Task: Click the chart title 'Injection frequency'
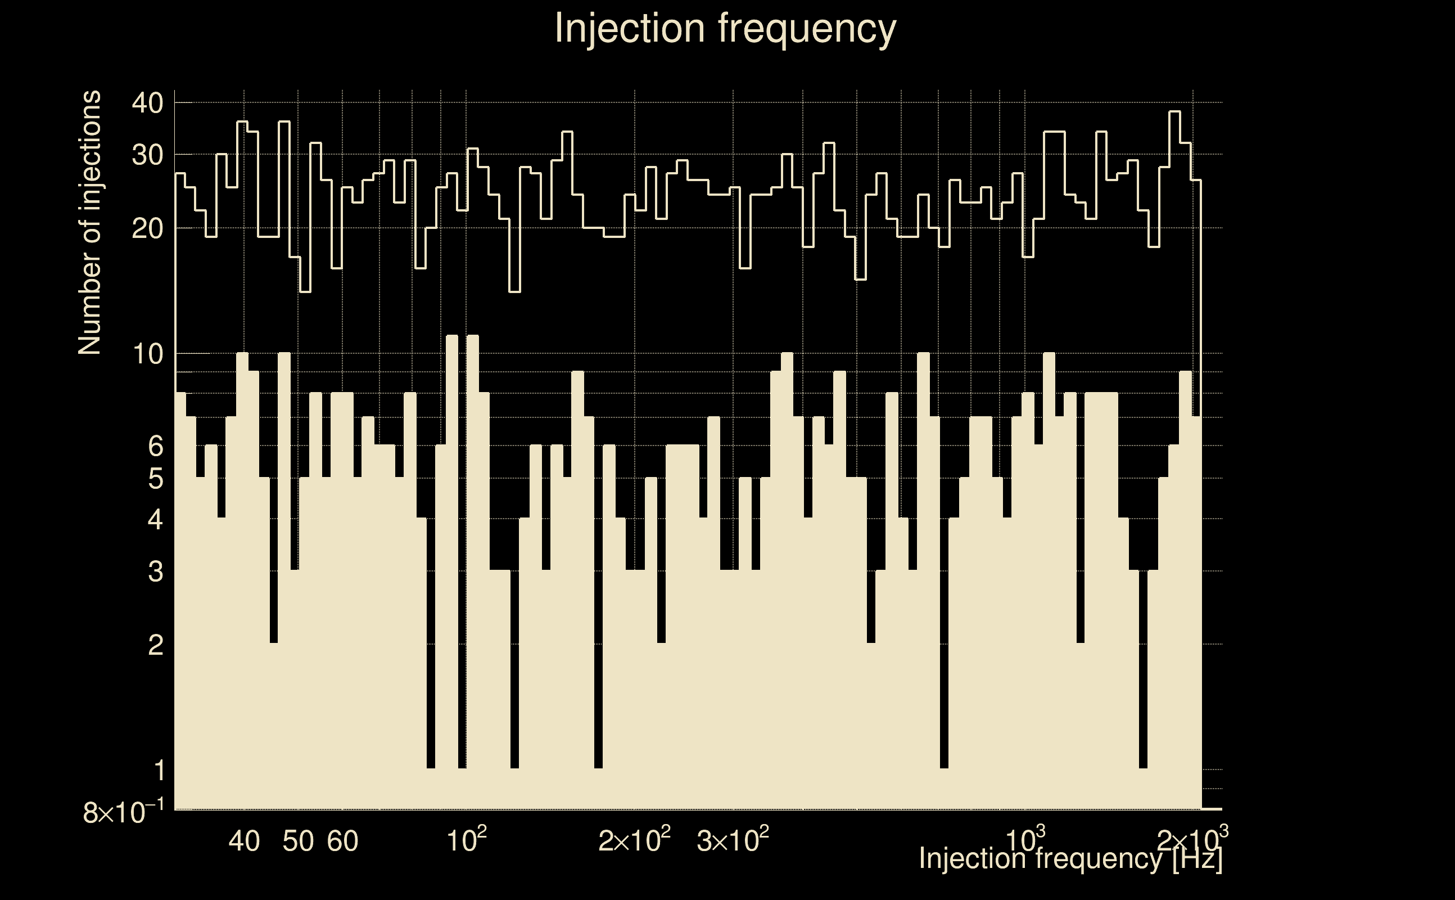[x=725, y=28]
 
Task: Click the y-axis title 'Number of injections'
[x=89, y=223]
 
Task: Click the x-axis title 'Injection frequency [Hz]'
[x=1070, y=859]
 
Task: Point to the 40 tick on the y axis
[x=147, y=103]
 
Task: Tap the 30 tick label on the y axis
[x=147, y=155]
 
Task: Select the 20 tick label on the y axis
[x=147, y=228]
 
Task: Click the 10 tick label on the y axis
[x=147, y=354]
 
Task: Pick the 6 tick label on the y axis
[x=155, y=445]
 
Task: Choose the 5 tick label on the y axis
[x=155, y=479]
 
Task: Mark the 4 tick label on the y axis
[x=155, y=519]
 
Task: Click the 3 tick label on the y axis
[x=155, y=571]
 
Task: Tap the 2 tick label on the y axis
[x=155, y=644]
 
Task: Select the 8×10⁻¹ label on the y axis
[x=124, y=812]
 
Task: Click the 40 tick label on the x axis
[x=244, y=841]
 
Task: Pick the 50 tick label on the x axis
[x=297, y=841]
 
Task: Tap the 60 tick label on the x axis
[x=342, y=841]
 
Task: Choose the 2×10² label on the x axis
[x=634, y=840]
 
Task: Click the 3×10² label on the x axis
[x=732, y=840]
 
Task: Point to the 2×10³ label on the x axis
[x=1192, y=840]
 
